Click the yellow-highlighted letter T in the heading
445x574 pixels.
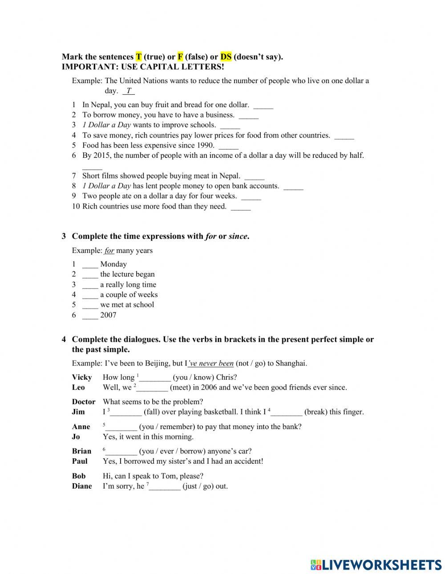pos(139,57)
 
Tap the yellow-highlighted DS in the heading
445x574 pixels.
pos(226,57)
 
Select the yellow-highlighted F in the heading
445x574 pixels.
pos(180,57)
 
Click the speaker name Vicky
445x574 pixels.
pos(82,377)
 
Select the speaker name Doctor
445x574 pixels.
pos(84,402)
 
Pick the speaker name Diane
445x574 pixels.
pos(82,486)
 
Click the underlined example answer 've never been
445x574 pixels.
pos(210,364)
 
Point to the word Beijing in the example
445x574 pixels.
pos(154,364)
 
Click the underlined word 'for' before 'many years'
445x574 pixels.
pos(109,251)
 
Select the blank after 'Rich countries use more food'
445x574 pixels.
pos(241,208)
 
